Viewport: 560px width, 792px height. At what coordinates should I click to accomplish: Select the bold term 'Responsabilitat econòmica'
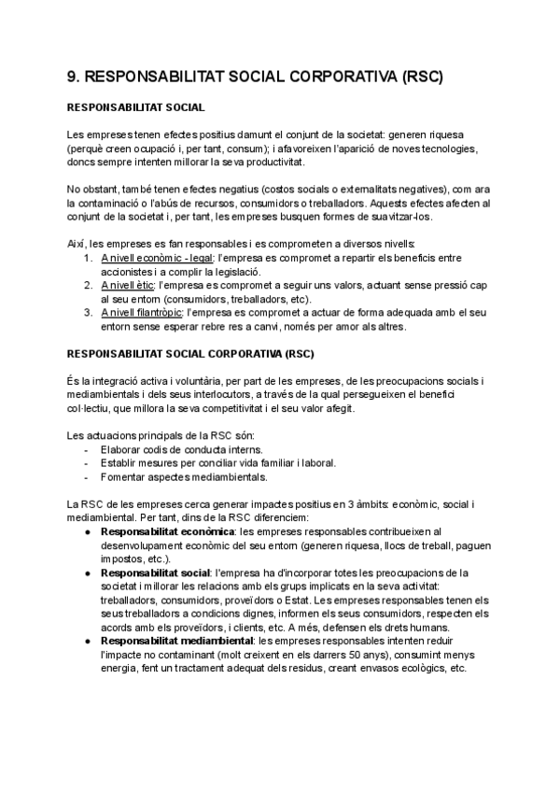[168, 531]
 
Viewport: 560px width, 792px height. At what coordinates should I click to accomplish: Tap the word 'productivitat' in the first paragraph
[266, 162]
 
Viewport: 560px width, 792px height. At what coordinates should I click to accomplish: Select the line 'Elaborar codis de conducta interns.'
[184, 449]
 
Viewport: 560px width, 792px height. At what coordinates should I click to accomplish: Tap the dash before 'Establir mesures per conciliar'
[87, 462]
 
